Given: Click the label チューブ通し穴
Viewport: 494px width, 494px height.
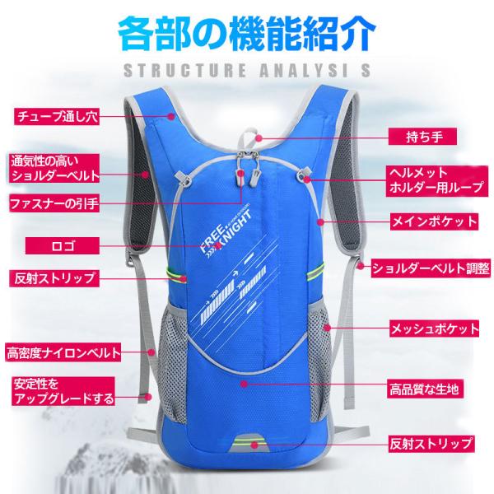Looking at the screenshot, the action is [x=57, y=117].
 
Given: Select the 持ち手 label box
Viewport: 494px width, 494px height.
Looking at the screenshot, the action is [x=422, y=137].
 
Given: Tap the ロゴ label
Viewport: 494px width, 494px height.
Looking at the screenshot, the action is [x=63, y=245].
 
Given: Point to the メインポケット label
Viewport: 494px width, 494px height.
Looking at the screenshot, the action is [x=434, y=221].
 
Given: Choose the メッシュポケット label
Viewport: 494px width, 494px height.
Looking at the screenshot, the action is [x=435, y=329].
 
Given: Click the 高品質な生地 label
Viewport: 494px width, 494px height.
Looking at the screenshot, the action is [x=424, y=389].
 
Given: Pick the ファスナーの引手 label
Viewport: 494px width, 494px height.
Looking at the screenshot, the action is [x=54, y=203].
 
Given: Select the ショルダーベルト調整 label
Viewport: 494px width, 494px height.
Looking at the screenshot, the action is [x=431, y=268].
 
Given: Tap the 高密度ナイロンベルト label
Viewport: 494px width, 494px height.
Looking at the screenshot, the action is [x=63, y=353].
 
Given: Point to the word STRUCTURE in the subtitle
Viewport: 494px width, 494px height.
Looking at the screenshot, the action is [x=185, y=70].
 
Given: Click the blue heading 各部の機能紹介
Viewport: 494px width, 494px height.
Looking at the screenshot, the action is [x=247, y=34].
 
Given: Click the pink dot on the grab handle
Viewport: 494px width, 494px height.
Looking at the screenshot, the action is [x=259, y=137].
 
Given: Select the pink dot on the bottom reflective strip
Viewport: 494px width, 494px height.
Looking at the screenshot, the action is [x=254, y=445].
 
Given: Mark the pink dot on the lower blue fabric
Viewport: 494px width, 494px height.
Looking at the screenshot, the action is [x=244, y=384].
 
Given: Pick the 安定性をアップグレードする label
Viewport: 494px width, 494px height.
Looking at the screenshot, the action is [x=63, y=391].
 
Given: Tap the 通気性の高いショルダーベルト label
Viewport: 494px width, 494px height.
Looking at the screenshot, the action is [x=54, y=169].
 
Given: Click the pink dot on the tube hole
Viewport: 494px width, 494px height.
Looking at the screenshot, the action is [x=170, y=116].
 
